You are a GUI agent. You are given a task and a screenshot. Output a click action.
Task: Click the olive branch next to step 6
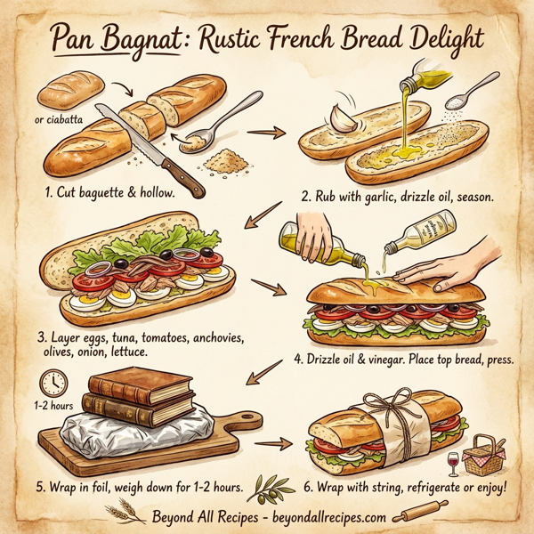pos(271,487)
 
